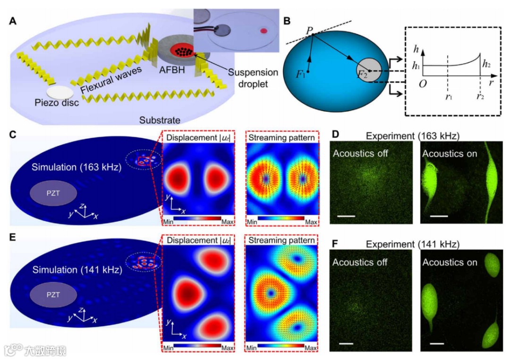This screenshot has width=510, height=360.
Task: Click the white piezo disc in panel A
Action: click(x=59, y=92)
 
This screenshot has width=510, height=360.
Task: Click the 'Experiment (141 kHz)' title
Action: click(x=413, y=244)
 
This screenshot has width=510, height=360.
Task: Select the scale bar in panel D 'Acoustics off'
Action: click(x=346, y=216)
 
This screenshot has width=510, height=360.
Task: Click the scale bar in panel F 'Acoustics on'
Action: click(x=437, y=343)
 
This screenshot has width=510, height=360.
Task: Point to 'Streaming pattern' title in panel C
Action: click(x=282, y=138)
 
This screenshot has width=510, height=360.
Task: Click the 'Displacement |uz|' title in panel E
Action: click(x=198, y=240)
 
